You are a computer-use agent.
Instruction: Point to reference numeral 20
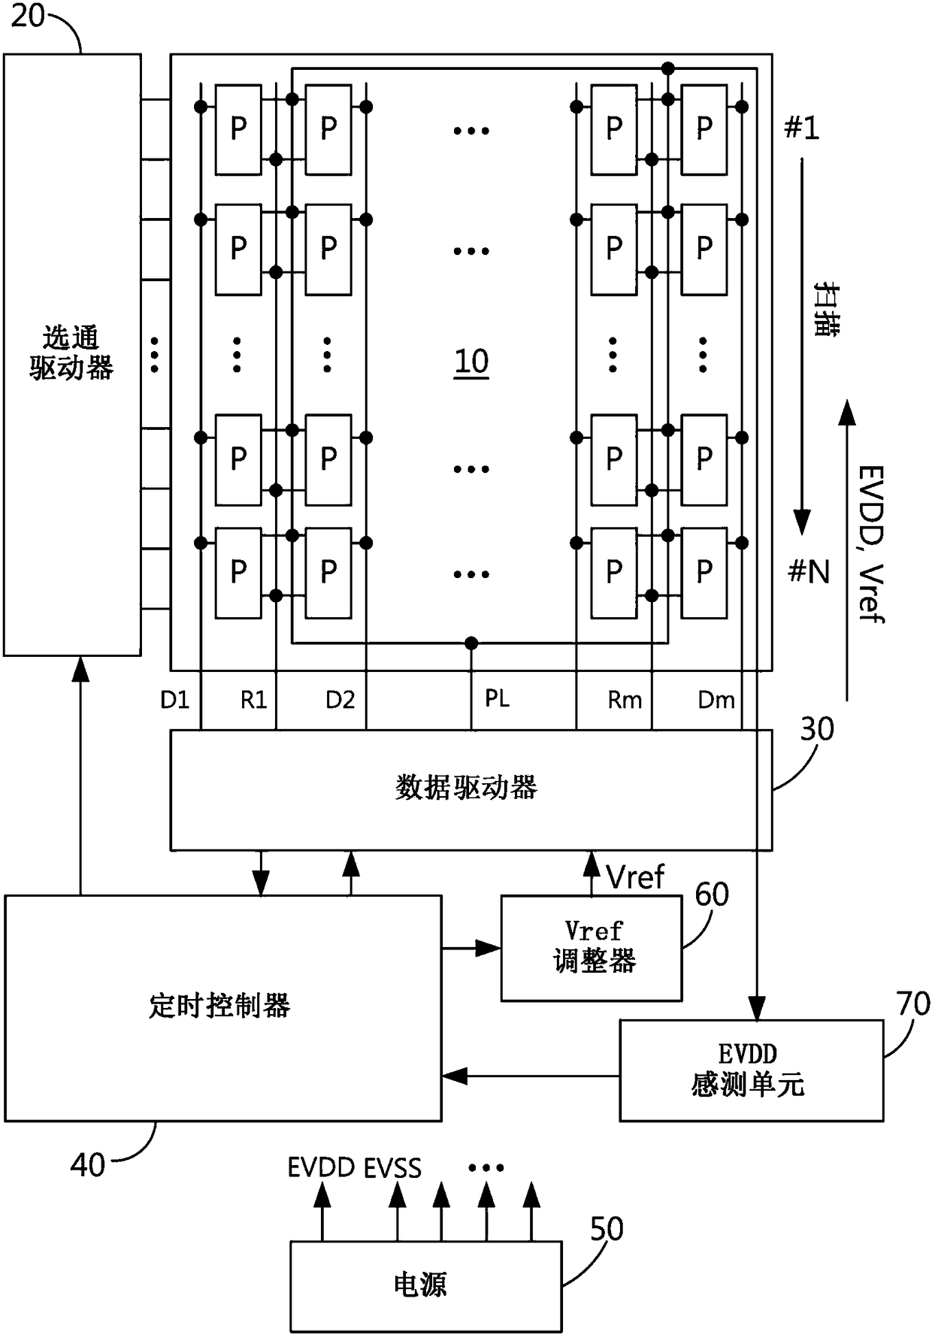[x=29, y=15]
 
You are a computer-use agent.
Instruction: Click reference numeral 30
[x=817, y=729]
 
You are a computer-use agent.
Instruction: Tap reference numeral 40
[x=88, y=1165]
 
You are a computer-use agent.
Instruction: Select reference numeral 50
[x=607, y=1229]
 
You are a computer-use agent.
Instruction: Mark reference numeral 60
[x=712, y=895]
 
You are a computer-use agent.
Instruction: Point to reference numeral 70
[x=913, y=1004]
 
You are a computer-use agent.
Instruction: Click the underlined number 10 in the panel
[x=471, y=362]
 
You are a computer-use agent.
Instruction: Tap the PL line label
[x=497, y=698]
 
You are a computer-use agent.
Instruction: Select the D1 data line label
[x=174, y=700]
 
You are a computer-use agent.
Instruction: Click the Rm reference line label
[x=625, y=700]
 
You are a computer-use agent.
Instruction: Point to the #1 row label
[x=801, y=129]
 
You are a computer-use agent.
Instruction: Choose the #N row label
[x=809, y=572]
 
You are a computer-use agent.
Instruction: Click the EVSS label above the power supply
[x=392, y=1168]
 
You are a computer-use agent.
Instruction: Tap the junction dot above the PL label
[x=471, y=643]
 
